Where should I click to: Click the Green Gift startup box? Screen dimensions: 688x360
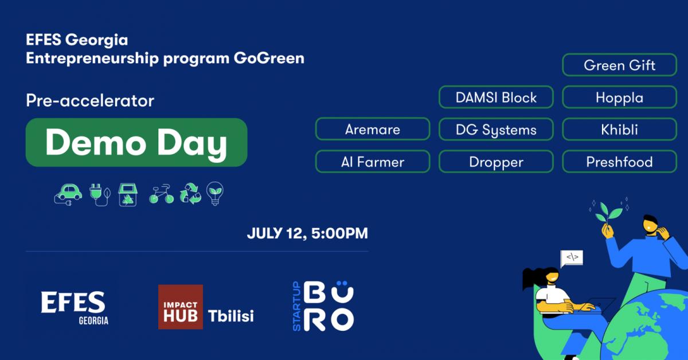point(620,65)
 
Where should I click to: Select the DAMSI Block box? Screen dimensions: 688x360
point(496,97)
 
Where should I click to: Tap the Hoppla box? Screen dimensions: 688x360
point(620,97)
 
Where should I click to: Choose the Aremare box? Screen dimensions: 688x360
point(373,130)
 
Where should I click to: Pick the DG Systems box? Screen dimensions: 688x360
point(496,130)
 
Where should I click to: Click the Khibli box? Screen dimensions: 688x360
point(620,130)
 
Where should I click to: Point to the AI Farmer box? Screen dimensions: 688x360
point(373,162)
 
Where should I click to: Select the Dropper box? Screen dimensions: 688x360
point(496,162)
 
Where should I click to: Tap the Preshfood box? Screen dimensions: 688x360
point(620,162)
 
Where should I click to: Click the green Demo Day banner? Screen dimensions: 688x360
point(136,143)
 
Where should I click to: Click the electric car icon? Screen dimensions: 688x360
point(68,195)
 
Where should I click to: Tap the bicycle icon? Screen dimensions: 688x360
point(161,194)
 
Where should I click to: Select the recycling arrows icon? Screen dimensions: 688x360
point(190,194)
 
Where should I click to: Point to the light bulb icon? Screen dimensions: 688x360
point(215,194)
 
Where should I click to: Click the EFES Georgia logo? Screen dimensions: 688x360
point(75,308)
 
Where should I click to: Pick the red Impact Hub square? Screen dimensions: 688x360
point(181,307)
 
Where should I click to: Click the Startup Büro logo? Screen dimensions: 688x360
point(323,306)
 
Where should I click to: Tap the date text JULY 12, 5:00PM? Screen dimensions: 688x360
point(307,233)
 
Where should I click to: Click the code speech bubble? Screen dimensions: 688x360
point(572,259)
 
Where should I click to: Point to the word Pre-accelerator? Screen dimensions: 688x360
point(90,101)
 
